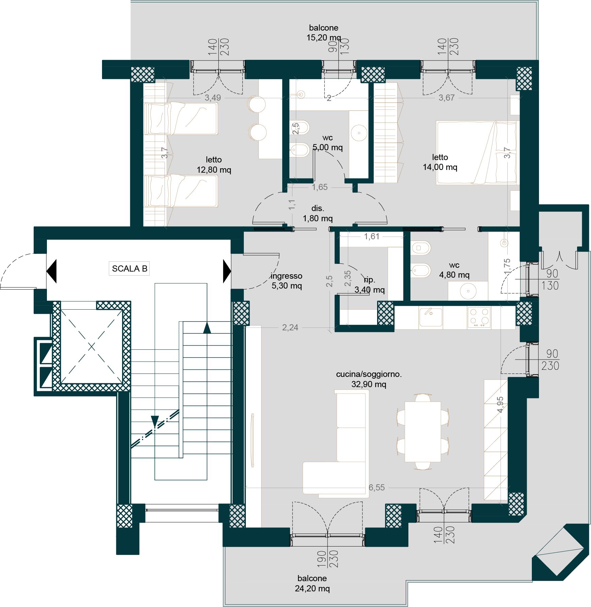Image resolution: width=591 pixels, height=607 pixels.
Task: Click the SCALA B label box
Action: pyautogui.click(x=129, y=268)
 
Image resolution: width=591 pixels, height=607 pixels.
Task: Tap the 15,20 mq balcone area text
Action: pyautogui.click(x=324, y=38)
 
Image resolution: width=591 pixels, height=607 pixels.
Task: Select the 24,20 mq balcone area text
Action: pyautogui.click(x=312, y=588)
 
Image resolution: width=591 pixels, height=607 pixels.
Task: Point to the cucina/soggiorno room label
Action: pyautogui.click(x=369, y=374)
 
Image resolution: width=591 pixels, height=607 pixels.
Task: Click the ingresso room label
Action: pyautogui.click(x=286, y=276)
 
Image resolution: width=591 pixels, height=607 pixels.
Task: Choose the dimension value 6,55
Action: pyautogui.click(x=377, y=487)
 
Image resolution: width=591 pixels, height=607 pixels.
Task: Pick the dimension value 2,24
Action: pyautogui.click(x=290, y=327)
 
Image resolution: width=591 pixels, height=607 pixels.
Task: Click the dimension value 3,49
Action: pyautogui.click(x=213, y=98)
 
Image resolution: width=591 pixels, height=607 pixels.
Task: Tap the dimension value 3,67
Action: pyautogui.click(x=446, y=98)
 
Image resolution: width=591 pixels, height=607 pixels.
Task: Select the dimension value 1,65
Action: pyautogui.click(x=320, y=187)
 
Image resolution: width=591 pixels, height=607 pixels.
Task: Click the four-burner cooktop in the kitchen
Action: pyautogui.click(x=479, y=317)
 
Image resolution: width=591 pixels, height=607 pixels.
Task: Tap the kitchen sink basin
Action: pyautogui.click(x=431, y=317)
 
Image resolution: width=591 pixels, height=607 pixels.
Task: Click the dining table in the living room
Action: pyautogui.click(x=423, y=432)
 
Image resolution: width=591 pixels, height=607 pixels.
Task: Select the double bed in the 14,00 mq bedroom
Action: pyautogui.click(x=476, y=153)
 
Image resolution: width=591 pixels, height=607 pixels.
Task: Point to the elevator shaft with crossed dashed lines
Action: pyautogui.click(x=92, y=347)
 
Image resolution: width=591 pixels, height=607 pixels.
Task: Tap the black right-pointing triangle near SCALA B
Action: pyautogui.click(x=227, y=271)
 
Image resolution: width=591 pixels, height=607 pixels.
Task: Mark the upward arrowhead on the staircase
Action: pyautogui.click(x=207, y=328)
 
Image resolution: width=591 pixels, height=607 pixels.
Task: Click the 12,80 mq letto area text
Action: pyautogui.click(x=214, y=170)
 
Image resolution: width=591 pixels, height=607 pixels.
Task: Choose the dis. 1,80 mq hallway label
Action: pyautogui.click(x=318, y=213)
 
